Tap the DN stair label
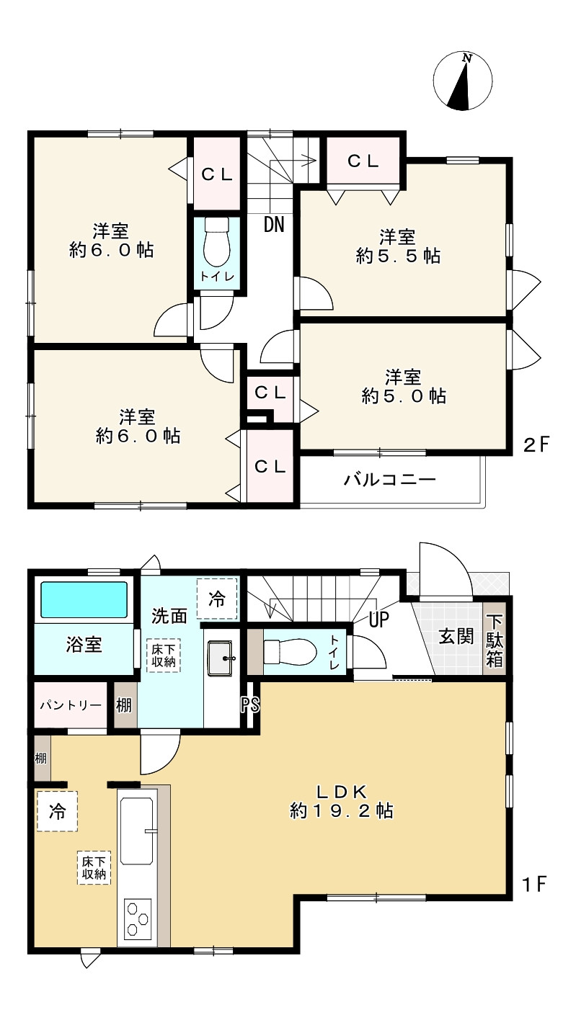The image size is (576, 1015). click(x=274, y=224)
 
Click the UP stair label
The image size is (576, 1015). click(x=379, y=620)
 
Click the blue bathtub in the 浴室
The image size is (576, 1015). click(x=84, y=600)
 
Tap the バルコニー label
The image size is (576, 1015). click(x=389, y=479)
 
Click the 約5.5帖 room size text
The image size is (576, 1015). click(x=398, y=256)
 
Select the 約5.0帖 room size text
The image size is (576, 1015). click(x=404, y=396)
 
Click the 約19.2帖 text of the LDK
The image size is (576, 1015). click(x=342, y=811)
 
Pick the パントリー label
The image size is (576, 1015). click(x=71, y=705)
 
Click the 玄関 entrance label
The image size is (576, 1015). click(x=456, y=636)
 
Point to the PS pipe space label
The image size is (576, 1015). click(x=250, y=705)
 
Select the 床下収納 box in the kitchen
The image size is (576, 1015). click(x=94, y=868)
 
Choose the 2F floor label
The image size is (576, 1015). click(x=536, y=446)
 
